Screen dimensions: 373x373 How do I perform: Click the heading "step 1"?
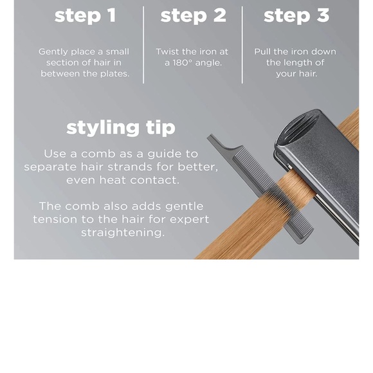coord(86,15)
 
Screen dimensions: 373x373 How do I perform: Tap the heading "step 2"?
coord(193,15)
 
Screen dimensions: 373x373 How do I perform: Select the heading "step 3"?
coord(296,15)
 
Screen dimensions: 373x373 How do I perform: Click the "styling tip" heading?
coord(121,128)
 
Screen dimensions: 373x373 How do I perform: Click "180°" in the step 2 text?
coord(182,63)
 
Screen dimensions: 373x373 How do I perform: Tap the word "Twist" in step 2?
coord(167,51)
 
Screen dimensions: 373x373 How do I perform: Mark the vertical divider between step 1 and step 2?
coord(143,45)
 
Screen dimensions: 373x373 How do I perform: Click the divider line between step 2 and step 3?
coord(242,45)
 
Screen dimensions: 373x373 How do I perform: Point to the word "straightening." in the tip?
coord(123,233)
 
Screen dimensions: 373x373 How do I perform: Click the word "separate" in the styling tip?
coord(50,167)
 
